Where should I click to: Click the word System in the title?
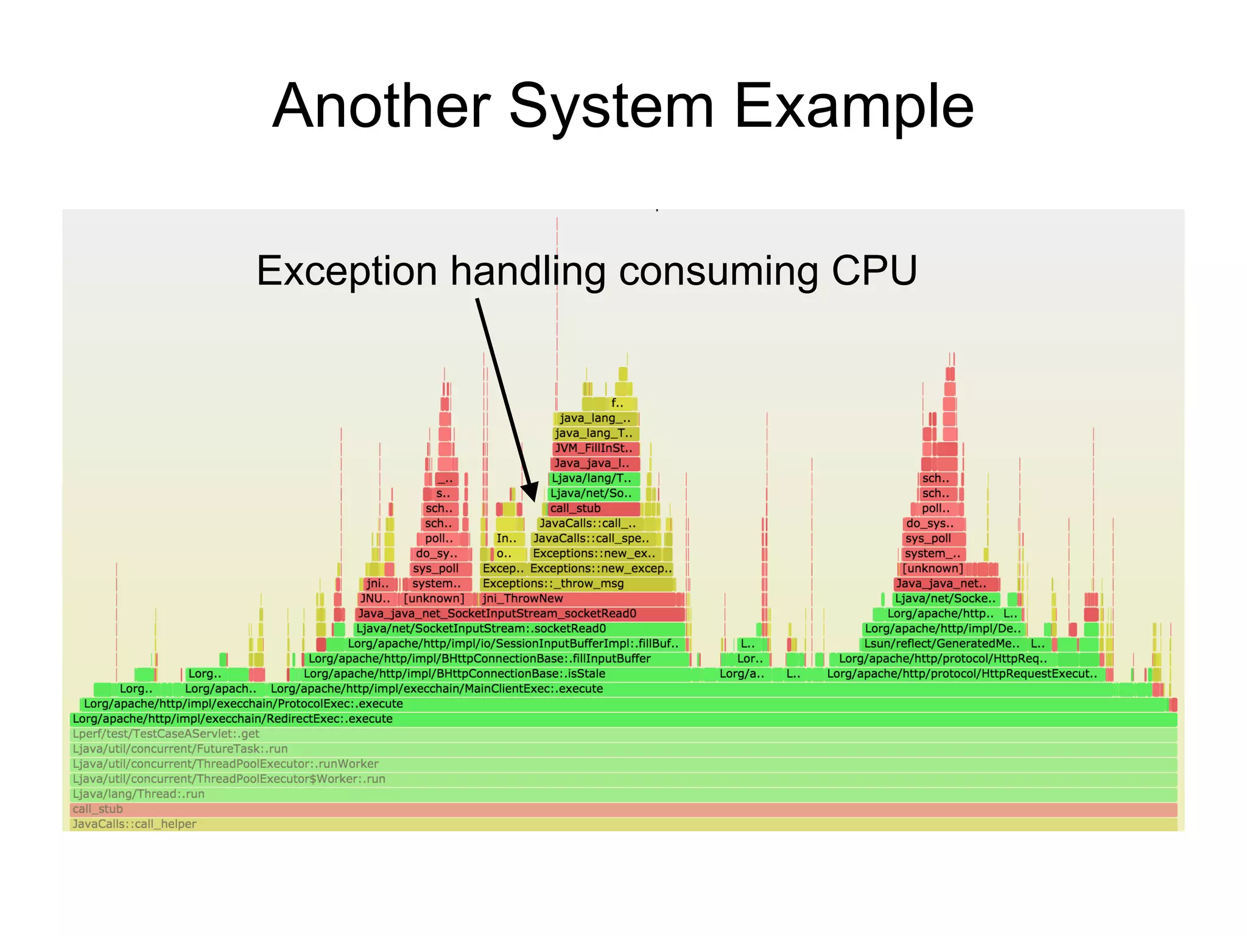(611, 107)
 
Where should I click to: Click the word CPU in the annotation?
(874, 271)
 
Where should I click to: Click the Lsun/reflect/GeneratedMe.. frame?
(941, 644)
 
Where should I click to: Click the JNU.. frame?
(375, 599)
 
